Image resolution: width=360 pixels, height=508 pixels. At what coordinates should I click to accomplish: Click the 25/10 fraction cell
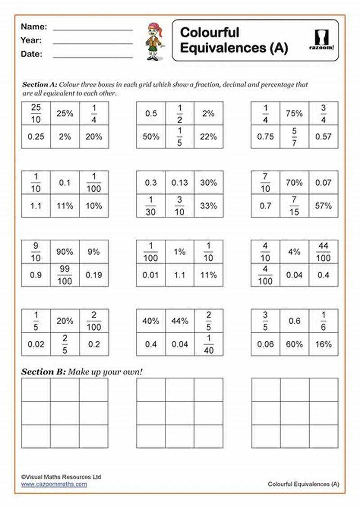36,113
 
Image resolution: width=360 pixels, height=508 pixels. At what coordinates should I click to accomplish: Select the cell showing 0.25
36,137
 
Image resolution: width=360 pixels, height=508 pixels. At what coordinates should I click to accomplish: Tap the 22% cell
208,137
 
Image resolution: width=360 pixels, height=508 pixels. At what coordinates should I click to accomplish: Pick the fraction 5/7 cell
294,137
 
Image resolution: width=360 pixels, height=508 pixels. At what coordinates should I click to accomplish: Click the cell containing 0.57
323,137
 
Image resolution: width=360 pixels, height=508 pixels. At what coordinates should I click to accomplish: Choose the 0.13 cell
180,183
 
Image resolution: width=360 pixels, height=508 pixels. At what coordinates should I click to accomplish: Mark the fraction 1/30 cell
151,206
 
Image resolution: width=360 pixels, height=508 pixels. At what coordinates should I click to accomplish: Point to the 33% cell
208,206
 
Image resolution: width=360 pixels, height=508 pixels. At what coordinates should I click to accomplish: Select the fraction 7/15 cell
294,206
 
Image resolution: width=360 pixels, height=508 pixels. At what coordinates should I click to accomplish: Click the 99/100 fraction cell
65,275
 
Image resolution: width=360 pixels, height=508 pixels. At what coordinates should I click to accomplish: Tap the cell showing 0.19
94,275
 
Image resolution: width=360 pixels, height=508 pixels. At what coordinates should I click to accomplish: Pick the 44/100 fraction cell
323,252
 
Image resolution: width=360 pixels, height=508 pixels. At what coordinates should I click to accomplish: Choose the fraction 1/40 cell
208,344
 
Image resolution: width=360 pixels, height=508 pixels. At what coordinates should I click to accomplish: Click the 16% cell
323,344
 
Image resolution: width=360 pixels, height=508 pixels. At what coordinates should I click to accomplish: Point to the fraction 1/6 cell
323,321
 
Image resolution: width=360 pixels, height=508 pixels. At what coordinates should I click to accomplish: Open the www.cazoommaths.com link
54,484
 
